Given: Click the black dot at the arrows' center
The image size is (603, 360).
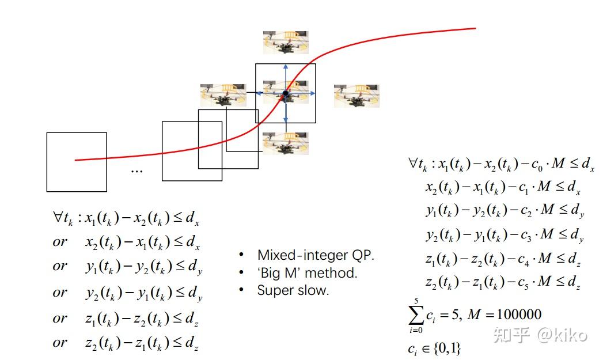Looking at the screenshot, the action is (285, 93).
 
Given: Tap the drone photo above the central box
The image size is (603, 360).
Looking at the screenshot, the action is (286, 42).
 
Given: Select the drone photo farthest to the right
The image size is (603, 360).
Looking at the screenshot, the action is (357, 96).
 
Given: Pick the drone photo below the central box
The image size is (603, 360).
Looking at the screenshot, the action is (285, 143).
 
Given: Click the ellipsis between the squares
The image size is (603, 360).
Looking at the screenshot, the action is (137, 170).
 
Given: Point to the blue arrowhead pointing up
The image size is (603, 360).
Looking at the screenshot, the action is (285, 67).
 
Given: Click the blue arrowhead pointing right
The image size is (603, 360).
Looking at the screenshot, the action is (313, 93).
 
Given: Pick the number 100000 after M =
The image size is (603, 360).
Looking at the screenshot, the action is (519, 314).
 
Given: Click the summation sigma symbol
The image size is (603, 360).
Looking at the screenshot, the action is (416, 316).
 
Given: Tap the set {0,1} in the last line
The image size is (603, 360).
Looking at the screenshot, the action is (447, 348).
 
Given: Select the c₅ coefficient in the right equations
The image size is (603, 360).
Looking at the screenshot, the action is (525, 283).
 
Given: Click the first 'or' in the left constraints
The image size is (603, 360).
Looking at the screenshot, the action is (60, 242).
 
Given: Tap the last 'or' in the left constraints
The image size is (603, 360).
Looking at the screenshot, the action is (60, 342).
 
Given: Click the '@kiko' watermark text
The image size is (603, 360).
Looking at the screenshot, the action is (562, 335).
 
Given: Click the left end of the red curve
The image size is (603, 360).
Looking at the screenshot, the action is (75, 160).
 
